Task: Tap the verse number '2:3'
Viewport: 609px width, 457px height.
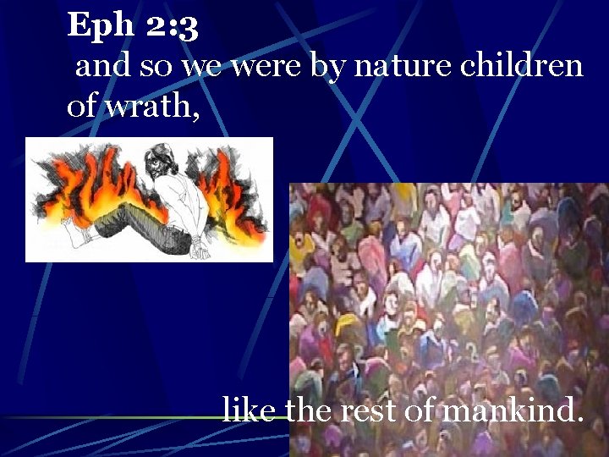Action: [x=172, y=27]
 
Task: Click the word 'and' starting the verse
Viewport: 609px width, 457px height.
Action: [x=100, y=65]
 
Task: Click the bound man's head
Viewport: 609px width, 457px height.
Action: [x=159, y=159]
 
